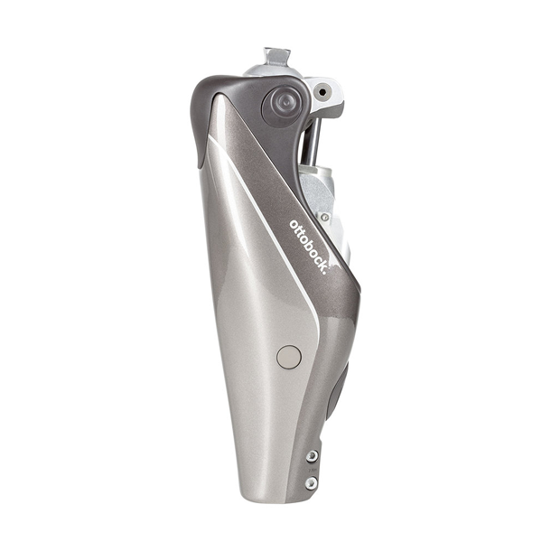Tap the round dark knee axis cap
point(281,107)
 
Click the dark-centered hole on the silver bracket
point(322,92)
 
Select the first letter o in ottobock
point(294,224)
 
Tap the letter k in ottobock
point(320,262)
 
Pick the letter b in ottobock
point(305,242)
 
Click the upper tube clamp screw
point(312,456)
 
